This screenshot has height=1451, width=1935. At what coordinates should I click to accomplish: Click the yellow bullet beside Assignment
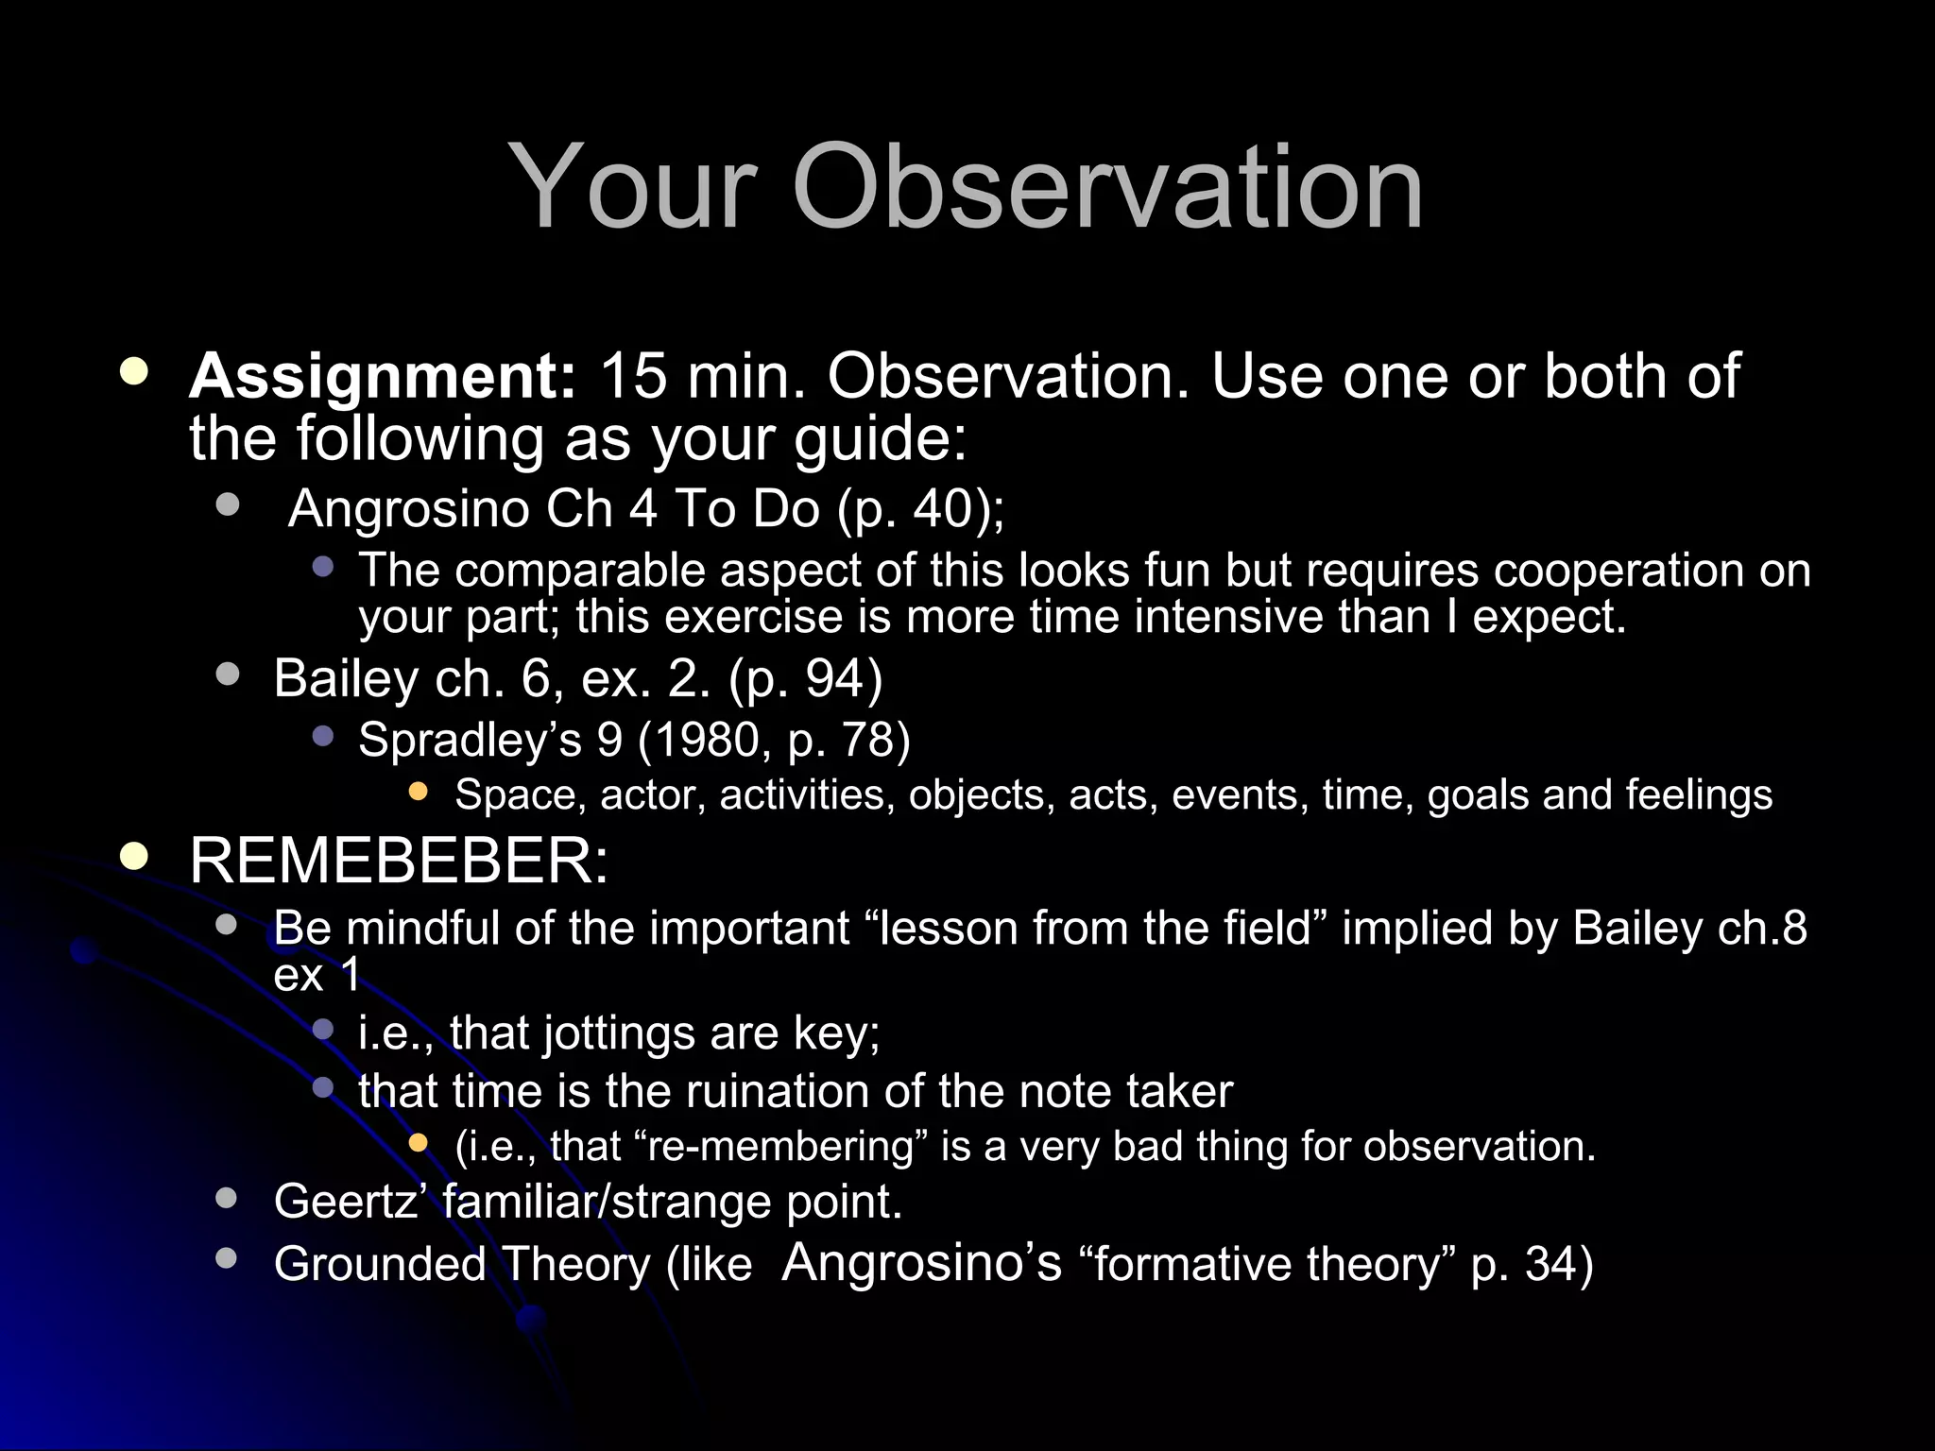[134, 371]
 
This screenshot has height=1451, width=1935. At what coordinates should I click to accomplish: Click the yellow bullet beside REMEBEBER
[134, 857]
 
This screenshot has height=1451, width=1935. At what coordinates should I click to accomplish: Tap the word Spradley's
[470, 740]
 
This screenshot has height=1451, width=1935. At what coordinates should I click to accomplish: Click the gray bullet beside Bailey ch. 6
[227, 674]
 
